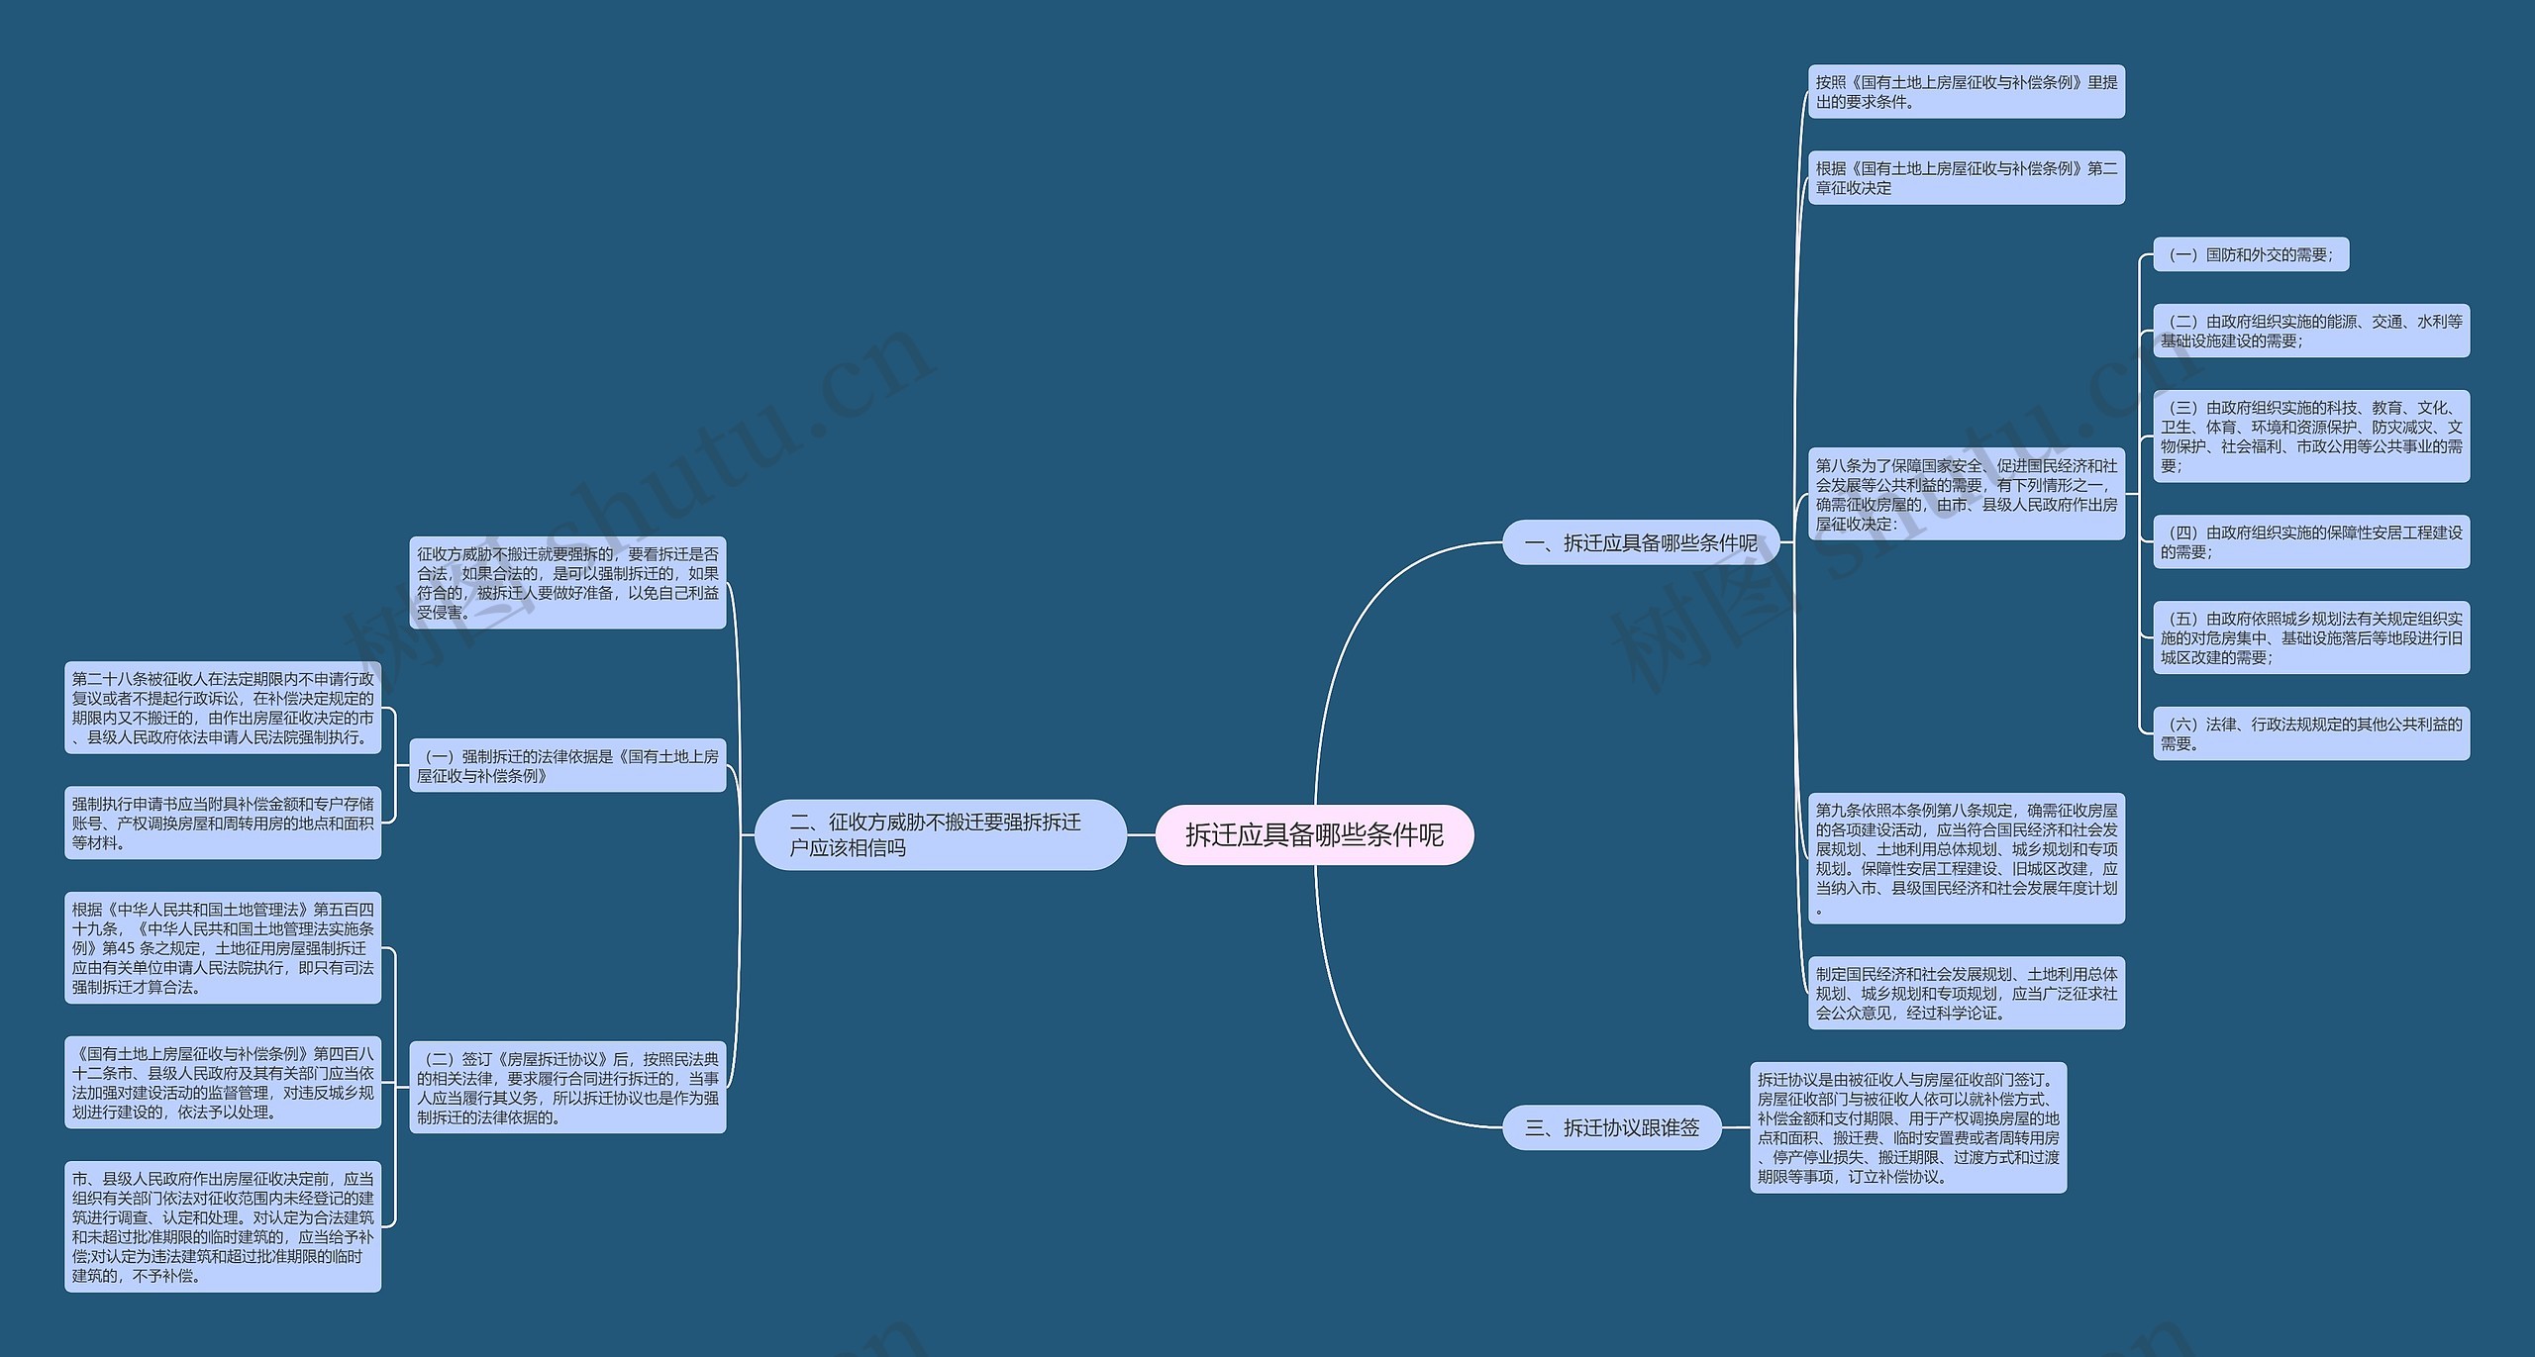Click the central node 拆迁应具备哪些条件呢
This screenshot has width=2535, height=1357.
coord(1314,835)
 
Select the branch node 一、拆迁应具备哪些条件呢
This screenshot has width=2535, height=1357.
coord(1641,543)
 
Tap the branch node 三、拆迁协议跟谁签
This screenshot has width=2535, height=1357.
coord(1612,1127)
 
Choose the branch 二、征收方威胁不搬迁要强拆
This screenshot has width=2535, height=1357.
coord(940,835)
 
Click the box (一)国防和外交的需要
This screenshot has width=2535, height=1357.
coord(2250,255)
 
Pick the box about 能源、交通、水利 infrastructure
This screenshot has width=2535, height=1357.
coord(2310,331)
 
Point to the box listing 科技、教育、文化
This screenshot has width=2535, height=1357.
coord(2310,436)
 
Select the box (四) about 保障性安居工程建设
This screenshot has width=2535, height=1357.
coord(2310,541)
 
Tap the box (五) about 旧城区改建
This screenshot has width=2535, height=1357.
coord(2310,637)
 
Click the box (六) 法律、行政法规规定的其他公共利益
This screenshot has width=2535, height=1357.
coord(2310,733)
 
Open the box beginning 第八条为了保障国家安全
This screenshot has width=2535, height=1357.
coord(1966,494)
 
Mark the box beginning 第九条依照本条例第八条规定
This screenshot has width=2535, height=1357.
coord(1966,858)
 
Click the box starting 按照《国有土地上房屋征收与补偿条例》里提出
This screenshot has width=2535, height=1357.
coord(1966,92)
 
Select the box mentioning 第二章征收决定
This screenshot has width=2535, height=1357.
coord(1966,178)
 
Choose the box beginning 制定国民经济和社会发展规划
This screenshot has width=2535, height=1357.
coord(1966,993)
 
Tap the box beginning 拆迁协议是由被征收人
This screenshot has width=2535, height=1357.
coord(1907,1127)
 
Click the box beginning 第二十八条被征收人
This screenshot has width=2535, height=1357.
coord(223,708)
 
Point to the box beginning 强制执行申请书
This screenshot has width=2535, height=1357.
coord(223,823)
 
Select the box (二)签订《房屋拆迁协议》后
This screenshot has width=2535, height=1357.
coord(567,1088)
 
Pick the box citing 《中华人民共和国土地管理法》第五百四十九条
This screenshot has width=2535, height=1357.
coord(223,947)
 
